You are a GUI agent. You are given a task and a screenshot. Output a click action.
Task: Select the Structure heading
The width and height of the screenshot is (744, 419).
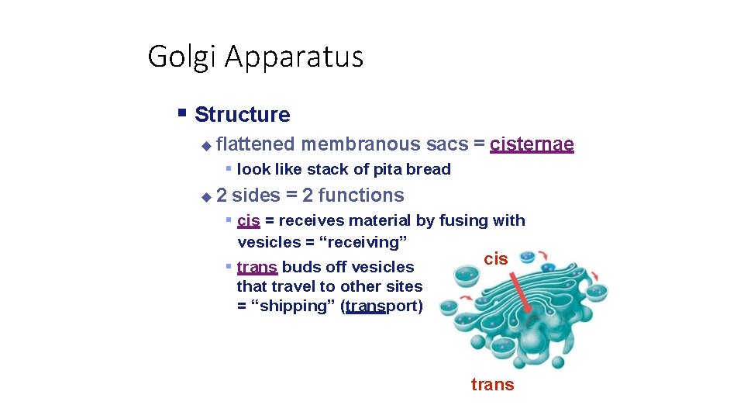pyautogui.click(x=242, y=115)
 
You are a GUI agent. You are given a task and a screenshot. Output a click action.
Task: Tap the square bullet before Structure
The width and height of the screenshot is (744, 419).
pyautogui.click(x=182, y=113)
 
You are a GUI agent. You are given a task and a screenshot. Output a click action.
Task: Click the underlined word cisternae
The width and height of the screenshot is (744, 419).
pyautogui.click(x=532, y=144)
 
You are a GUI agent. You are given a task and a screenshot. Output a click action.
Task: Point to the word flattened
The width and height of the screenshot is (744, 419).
pyautogui.click(x=256, y=144)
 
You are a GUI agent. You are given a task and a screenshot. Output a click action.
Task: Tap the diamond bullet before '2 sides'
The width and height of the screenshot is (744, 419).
pyautogui.click(x=205, y=197)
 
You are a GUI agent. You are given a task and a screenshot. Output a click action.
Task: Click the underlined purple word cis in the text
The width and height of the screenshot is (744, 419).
pyautogui.click(x=248, y=221)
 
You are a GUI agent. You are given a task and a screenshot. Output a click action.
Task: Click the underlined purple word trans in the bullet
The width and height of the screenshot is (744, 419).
pyautogui.click(x=257, y=268)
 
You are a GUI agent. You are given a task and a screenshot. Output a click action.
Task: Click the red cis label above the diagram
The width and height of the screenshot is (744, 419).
pyautogui.click(x=496, y=259)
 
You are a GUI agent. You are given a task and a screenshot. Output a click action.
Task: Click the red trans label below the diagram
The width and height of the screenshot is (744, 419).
pyautogui.click(x=492, y=385)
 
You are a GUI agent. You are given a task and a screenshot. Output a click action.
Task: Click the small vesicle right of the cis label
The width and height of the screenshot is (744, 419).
pyautogui.click(x=527, y=257)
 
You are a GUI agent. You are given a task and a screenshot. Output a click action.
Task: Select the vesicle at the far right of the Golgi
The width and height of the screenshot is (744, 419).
pyautogui.click(x=597, y=292)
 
